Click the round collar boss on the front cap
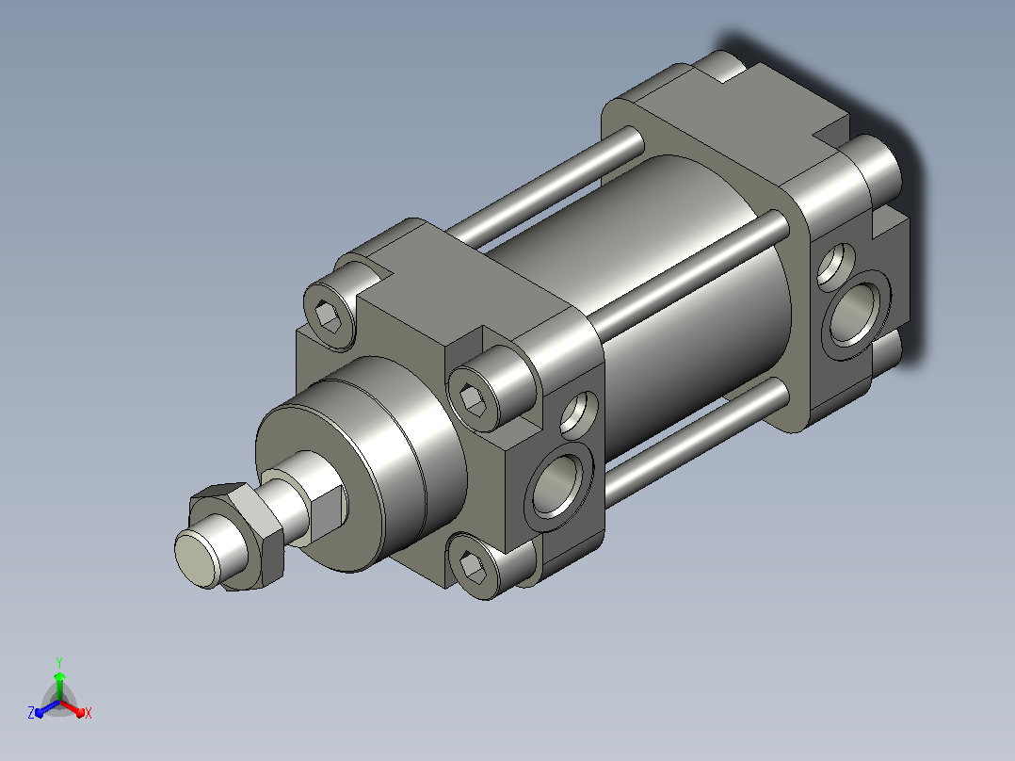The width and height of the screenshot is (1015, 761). tap(362, 463)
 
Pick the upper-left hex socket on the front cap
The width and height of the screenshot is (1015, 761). tap(329, 316)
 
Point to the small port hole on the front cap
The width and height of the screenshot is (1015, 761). tap(577, 412)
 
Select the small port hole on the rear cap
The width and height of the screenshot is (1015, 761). tap(836, 265)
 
